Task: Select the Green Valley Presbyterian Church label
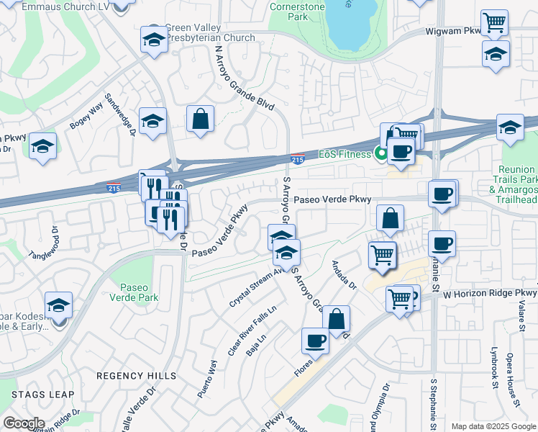pyautogui.click(x=210, y=32)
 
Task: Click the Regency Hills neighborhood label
pyautogui.click(x=136, y=376)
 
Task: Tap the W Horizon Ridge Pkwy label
pyautogui.click(x=490, y=294)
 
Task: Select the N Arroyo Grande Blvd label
pyautogui.click(x=245, y=79)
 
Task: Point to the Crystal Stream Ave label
pyautogui.click(x=257, y=288)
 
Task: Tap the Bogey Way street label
pyautogui.click(x=86, y=118)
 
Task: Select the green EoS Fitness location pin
pyautogui.click(x=378, y=153)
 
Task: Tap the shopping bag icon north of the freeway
pyautogui.click(x=200, y=119)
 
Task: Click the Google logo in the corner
pyautogui.click(x=24, y=423)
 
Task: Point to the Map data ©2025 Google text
pyautogui.click(x=493, y=426)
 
